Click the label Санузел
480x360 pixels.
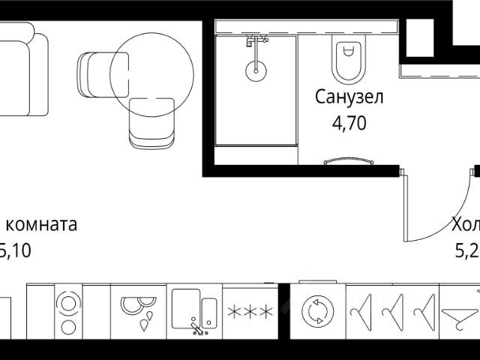point(349,97)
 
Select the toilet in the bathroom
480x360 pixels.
point(347,60)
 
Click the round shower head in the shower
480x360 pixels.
point(256,70)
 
